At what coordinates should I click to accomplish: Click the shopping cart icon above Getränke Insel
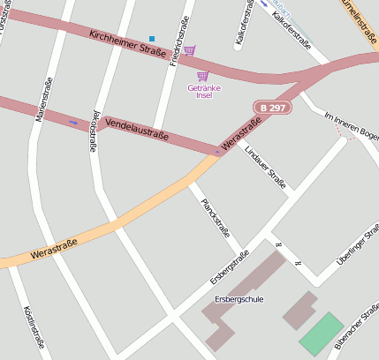pyautogui.click(x=202, y=77)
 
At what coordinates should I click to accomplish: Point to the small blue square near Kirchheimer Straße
pyautogui.click(x=152, y=39)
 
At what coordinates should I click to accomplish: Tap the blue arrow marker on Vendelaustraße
pyautogui.click(x=72, y=122)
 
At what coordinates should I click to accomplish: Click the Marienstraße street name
pyautogui.click(x=42, y=99)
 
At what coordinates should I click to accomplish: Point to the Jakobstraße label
pyautogui.click(x=94, y=131)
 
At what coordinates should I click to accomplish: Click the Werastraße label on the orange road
pyautogui.click(x=54, y=248)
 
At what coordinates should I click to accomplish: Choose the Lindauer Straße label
pyautogui.click(x=265, y=168)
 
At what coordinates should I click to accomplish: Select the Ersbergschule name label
pyautogui.click(x=239, y=299)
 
